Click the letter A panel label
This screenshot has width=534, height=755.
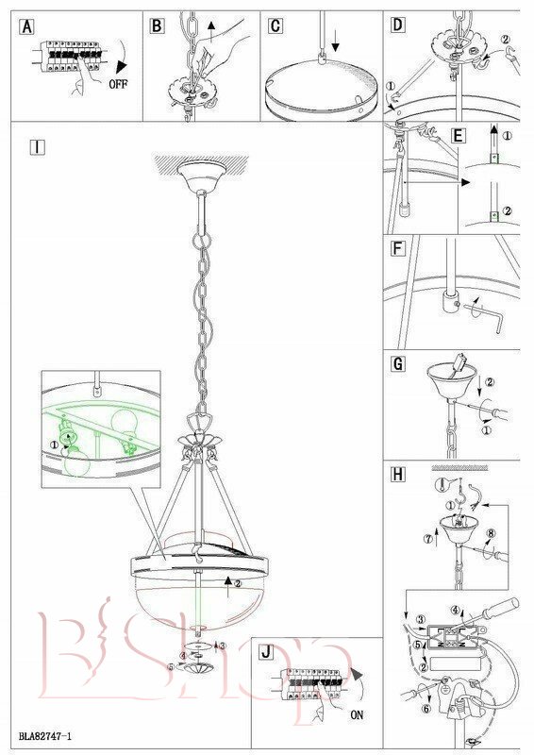coord(27,26)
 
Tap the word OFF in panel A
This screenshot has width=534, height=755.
coord(118,84)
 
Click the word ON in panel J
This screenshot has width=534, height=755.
coord(357,715)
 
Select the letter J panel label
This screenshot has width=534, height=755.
coord(266,652)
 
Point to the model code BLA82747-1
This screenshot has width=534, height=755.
coord(45,736)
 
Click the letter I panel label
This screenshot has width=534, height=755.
coord(37,147)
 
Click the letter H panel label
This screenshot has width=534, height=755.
coord(398,475)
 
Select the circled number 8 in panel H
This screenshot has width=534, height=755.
coord(492,533)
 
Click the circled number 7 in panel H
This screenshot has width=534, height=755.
coord(428,539)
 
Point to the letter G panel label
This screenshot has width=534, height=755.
coord(398,364)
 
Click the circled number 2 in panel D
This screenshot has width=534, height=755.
coord(505,40)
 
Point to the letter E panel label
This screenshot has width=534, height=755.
coord(458,136)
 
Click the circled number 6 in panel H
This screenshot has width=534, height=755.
coord(426,709)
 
